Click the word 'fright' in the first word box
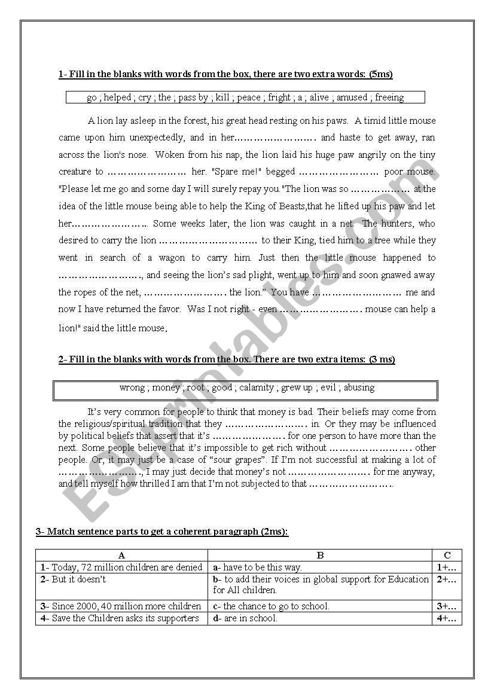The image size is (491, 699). click(279, 97)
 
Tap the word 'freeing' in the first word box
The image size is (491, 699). click(389, 97)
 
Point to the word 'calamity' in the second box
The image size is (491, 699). click(257, 387)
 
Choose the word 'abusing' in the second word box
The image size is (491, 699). click(359, 387)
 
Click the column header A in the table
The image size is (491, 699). click(122, 555)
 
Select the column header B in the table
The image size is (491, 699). click(320, 555)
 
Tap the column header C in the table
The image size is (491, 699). click(447, 555)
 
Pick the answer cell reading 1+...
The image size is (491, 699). click(447, 567)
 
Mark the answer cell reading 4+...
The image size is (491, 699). click(447, 619)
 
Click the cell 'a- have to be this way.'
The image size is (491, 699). click(258, 567)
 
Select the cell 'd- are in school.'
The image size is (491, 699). click(245, 619)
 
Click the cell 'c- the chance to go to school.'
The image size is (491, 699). click(271, 606)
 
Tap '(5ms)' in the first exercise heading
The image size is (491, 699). click(380, 75)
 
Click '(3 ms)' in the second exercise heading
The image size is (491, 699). click(382, 359)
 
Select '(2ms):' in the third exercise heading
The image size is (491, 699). click(275, 532)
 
